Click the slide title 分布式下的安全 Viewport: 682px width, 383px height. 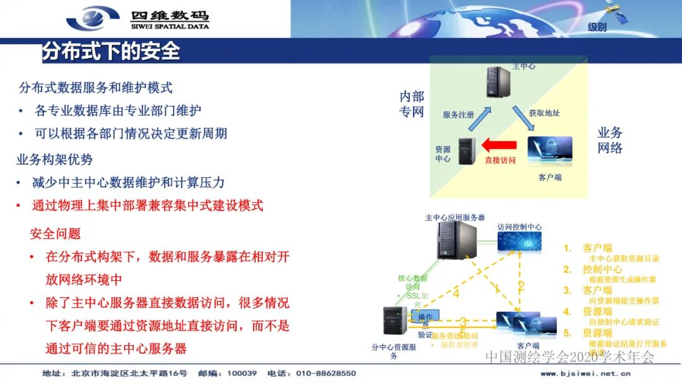[111, 51]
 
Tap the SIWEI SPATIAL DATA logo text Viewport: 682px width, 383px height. [170, 27]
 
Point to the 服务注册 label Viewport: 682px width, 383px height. [458, 115]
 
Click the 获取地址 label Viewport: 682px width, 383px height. [544, 113]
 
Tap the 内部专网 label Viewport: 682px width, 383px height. [412, 104]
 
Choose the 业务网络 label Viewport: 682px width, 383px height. [610, 140]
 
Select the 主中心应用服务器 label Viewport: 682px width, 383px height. [455, 217]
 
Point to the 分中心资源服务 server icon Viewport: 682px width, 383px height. [393, 322]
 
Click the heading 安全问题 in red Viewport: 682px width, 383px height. [56, 233]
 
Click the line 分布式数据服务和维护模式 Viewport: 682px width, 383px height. [95, 88]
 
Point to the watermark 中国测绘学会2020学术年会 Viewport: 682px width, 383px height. [570, 357]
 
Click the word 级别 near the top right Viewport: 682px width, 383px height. [597, 27]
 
